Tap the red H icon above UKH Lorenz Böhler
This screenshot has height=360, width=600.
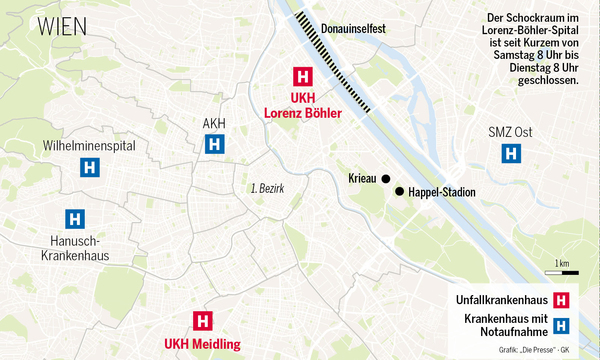click(301, 76)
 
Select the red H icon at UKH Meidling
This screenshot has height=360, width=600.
click(202, 321)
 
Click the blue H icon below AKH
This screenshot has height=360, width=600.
click(214, 145)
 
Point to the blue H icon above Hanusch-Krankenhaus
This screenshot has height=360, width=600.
click(73, 218)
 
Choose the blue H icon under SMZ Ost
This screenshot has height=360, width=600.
click(510, 154)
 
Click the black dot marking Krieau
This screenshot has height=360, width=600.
click(385, 179)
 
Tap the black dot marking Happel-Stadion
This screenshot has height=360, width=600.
click(400, 192)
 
